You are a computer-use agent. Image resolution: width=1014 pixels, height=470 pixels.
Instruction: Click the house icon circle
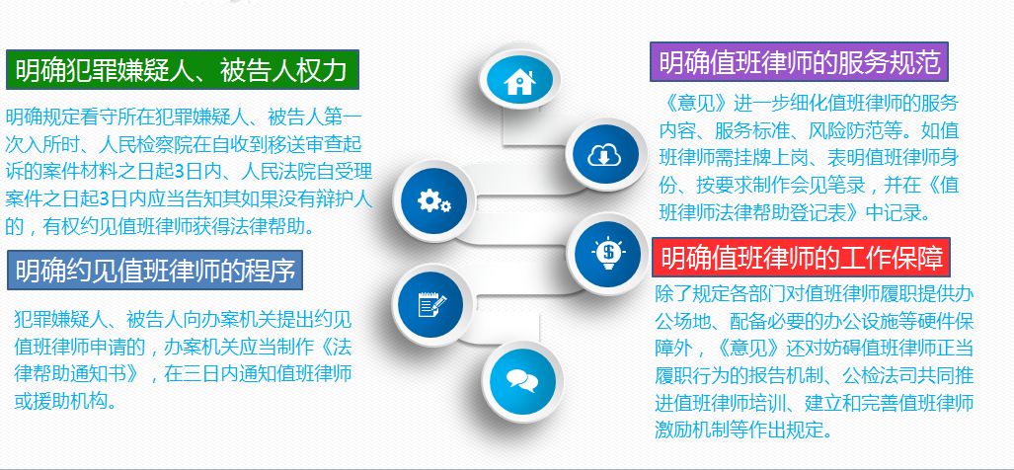coord(519,81)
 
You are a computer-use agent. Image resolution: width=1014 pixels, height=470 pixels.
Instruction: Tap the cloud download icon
coord(604,155)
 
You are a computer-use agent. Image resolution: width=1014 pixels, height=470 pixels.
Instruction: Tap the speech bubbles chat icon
coord(522,380)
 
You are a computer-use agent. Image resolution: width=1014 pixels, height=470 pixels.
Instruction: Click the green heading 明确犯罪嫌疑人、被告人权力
coord(183,70)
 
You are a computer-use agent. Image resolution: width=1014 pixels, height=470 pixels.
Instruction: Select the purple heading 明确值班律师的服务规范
coord(800,62)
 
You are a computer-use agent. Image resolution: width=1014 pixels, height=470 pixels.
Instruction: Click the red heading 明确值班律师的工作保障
coord(802,256)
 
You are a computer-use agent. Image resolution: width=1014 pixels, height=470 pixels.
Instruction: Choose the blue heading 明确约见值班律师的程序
coord(155,271)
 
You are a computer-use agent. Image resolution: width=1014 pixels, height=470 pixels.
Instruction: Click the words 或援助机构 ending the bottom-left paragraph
coord(65,401)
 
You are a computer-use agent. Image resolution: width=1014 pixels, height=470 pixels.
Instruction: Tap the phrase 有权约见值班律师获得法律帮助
coord(179,226)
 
